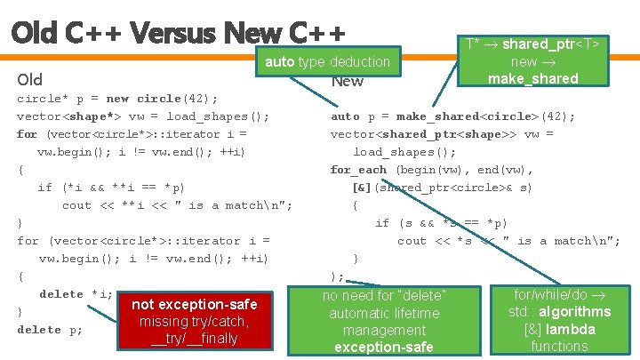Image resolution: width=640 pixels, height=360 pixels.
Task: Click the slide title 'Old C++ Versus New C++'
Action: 178,32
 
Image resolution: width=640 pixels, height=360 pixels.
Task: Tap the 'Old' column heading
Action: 31,81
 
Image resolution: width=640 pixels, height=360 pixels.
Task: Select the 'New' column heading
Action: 347,81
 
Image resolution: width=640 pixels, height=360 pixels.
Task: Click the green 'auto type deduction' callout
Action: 328,61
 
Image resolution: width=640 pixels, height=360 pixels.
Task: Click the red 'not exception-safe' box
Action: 194,305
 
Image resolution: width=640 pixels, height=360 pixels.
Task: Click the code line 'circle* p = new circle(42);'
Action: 118,99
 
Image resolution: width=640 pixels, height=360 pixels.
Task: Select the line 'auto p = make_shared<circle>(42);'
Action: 453,116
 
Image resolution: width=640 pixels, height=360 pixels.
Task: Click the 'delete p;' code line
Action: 50,330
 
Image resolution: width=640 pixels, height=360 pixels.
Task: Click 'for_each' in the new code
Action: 358,170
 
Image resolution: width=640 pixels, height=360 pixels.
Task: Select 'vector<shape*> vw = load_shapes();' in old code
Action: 143,116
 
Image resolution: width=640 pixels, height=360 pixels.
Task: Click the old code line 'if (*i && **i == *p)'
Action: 112,188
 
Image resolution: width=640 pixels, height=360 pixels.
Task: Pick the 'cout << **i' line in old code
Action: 178,205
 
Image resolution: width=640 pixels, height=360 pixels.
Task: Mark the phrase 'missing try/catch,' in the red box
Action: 194,322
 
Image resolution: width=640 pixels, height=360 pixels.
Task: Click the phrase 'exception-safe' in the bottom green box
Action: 384,347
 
